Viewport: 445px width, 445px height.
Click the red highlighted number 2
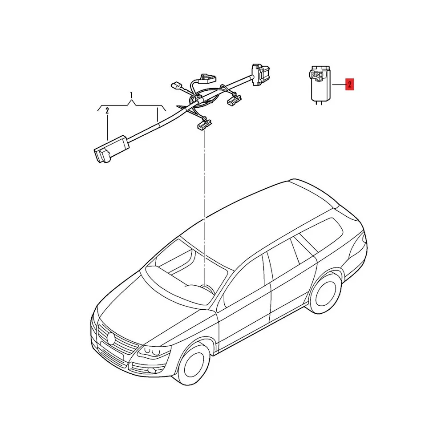click(x=349, y=84)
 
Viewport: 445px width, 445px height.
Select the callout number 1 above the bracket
click(x=131, y=95)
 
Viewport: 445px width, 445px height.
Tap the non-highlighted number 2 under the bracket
click(x=107, y=111)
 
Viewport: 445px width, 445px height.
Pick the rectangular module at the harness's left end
click(x=111, y=149)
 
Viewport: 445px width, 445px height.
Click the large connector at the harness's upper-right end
click(x=260, y=75)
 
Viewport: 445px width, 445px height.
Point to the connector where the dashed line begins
click(x=204, y=125)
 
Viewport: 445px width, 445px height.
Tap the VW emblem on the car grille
click(x=111, y=339)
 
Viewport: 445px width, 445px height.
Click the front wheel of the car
click(x=195, y=364)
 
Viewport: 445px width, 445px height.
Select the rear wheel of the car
click(x=326, y=293)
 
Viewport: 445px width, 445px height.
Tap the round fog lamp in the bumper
click(x=152, y=370)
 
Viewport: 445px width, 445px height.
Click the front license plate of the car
click(x=112, y=351)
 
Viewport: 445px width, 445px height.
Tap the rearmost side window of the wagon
click(x=321, y=235)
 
